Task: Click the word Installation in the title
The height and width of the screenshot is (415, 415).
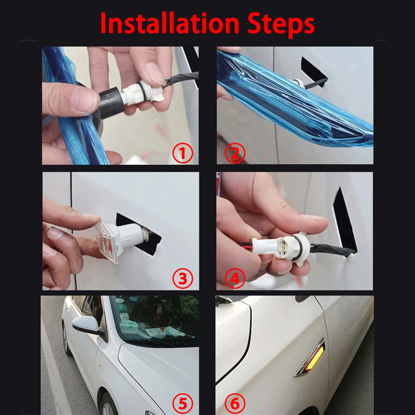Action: click(x=170, y=23)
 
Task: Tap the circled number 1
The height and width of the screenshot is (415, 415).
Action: click(x=182, y=153)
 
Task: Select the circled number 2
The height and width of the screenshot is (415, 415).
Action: click(x=235, y=153)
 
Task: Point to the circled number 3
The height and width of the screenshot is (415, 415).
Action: click(x=182, y=279)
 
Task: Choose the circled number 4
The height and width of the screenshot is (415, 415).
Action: click(x=235, y=279)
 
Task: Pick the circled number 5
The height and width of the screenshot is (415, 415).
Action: click(x=182, y=404)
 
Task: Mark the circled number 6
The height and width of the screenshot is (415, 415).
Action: click(x=235, y=404)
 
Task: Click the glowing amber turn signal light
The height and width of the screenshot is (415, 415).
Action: click(x=315, y=358)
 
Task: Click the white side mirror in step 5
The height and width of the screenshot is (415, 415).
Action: click(x=86, y=325)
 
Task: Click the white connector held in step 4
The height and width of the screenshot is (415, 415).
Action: click(x=281, y=247)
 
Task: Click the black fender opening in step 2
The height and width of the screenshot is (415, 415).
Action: click(x=314, y=72)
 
